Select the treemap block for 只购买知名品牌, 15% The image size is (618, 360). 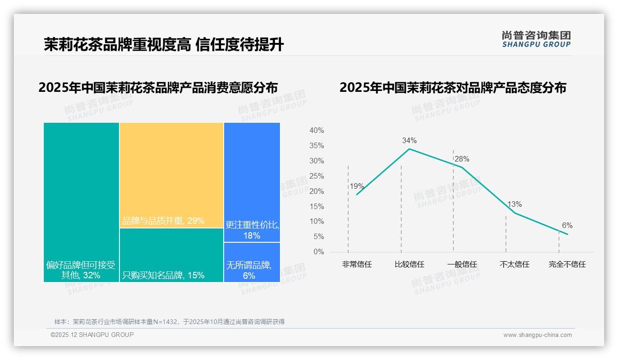[172, 255]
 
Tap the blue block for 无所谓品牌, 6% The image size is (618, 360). [252, 262]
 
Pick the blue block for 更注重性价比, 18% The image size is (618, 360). [252, 182]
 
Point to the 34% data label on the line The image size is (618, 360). [409, 140]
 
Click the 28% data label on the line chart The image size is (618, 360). [462, 159]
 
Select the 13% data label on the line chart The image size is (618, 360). [514, 204]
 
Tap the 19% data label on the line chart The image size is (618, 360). [357, 186]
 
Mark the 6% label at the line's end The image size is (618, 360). [567, 225]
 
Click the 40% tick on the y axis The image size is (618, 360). [316, 131]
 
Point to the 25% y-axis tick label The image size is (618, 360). [316, 176]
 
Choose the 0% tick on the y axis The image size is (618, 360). [319, 252]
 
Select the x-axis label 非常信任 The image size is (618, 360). [357, 264]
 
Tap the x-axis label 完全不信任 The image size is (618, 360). [567, 264]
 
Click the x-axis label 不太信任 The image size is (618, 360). [514, 264]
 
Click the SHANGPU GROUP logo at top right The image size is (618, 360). [536, 39]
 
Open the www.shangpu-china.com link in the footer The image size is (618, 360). [537, 335]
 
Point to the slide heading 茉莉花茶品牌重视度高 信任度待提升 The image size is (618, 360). [164, 45]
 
